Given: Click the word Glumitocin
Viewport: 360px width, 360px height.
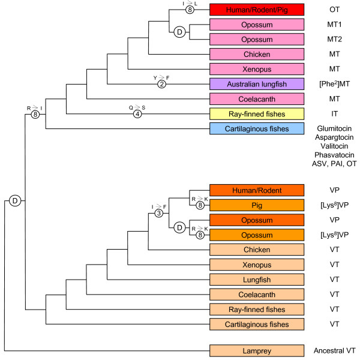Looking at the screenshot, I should (x=334, y=129).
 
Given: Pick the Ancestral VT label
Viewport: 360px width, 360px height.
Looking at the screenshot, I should (x=334, y=349).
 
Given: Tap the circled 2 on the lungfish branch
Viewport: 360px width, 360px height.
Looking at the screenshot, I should (x=161, y=84).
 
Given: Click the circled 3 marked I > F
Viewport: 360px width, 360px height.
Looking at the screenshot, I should (x=158, y=213).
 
